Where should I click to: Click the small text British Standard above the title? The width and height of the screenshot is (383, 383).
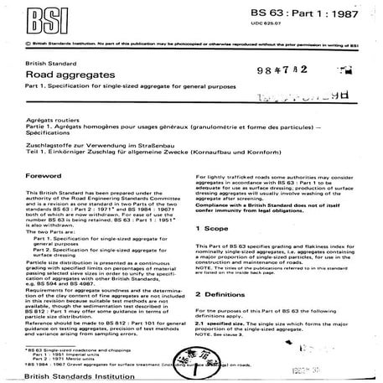[47, 63]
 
